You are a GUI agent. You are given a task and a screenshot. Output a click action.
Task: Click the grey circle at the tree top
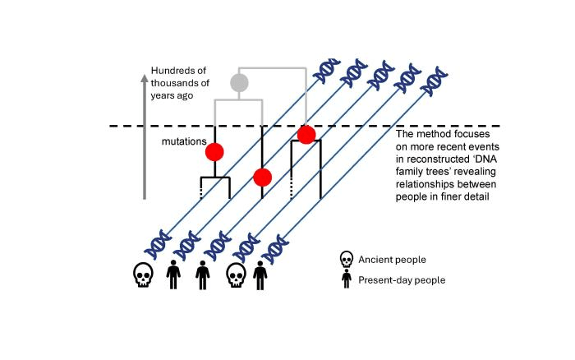(239, 82)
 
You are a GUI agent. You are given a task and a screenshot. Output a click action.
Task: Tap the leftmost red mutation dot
(214, 151)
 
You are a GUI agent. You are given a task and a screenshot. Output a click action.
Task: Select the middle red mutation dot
(263, 177)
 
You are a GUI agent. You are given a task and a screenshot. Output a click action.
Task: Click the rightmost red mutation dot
(306, 134)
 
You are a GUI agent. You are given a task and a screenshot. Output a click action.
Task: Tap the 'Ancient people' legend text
(393, 260)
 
